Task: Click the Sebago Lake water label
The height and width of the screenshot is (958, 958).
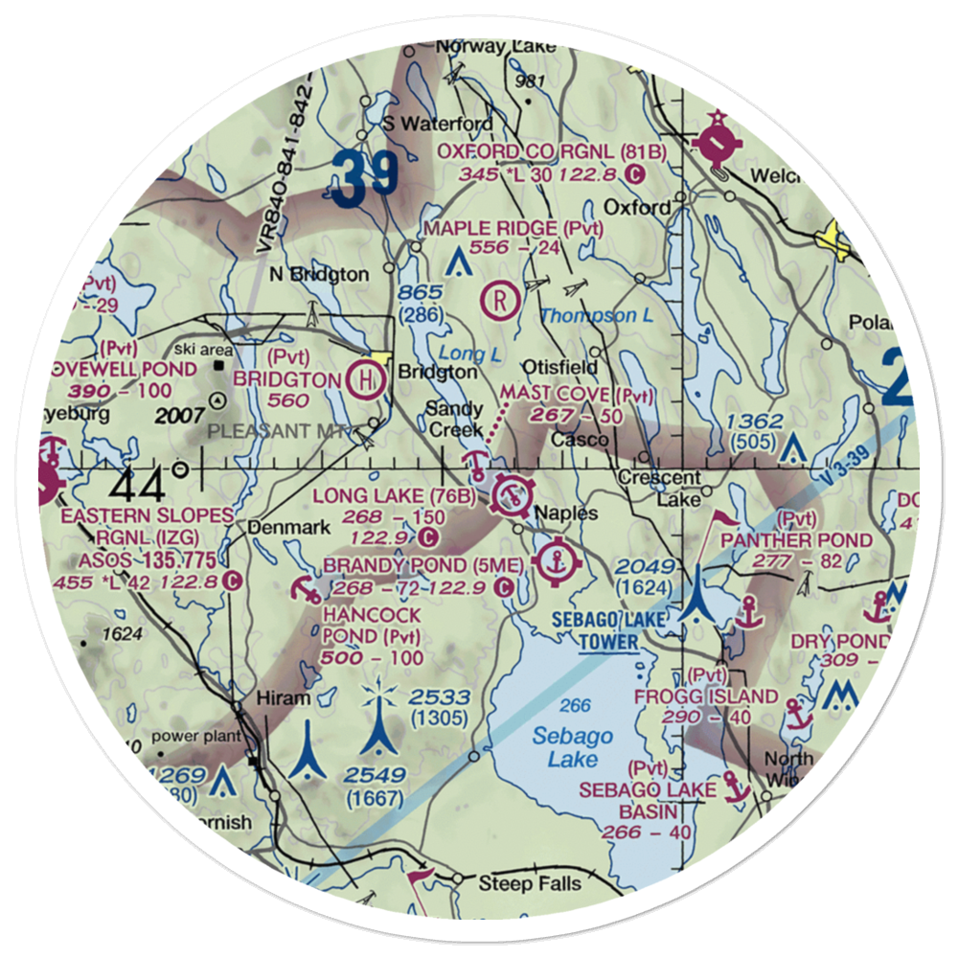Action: (574, 747)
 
